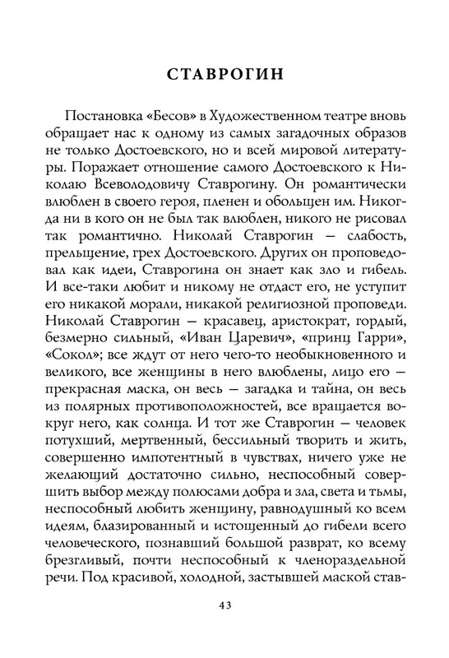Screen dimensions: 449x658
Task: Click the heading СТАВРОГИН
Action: click(224, 73)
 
